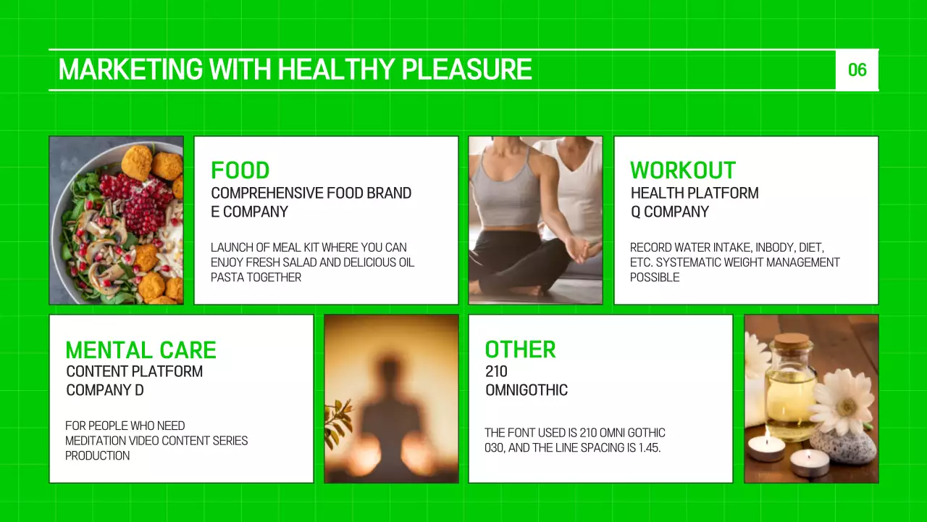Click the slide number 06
tap(857, 70)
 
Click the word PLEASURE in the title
tap(466, 70)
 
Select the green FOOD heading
tap(240, 170)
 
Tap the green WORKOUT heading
tap(682, 170)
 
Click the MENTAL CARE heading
tap(140, 350)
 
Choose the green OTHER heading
tap(520, 349)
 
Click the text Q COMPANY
tap(669, 212)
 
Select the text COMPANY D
tap(105, 391)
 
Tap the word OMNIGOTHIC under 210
tap(527, 391)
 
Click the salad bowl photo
tap(116, 220)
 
